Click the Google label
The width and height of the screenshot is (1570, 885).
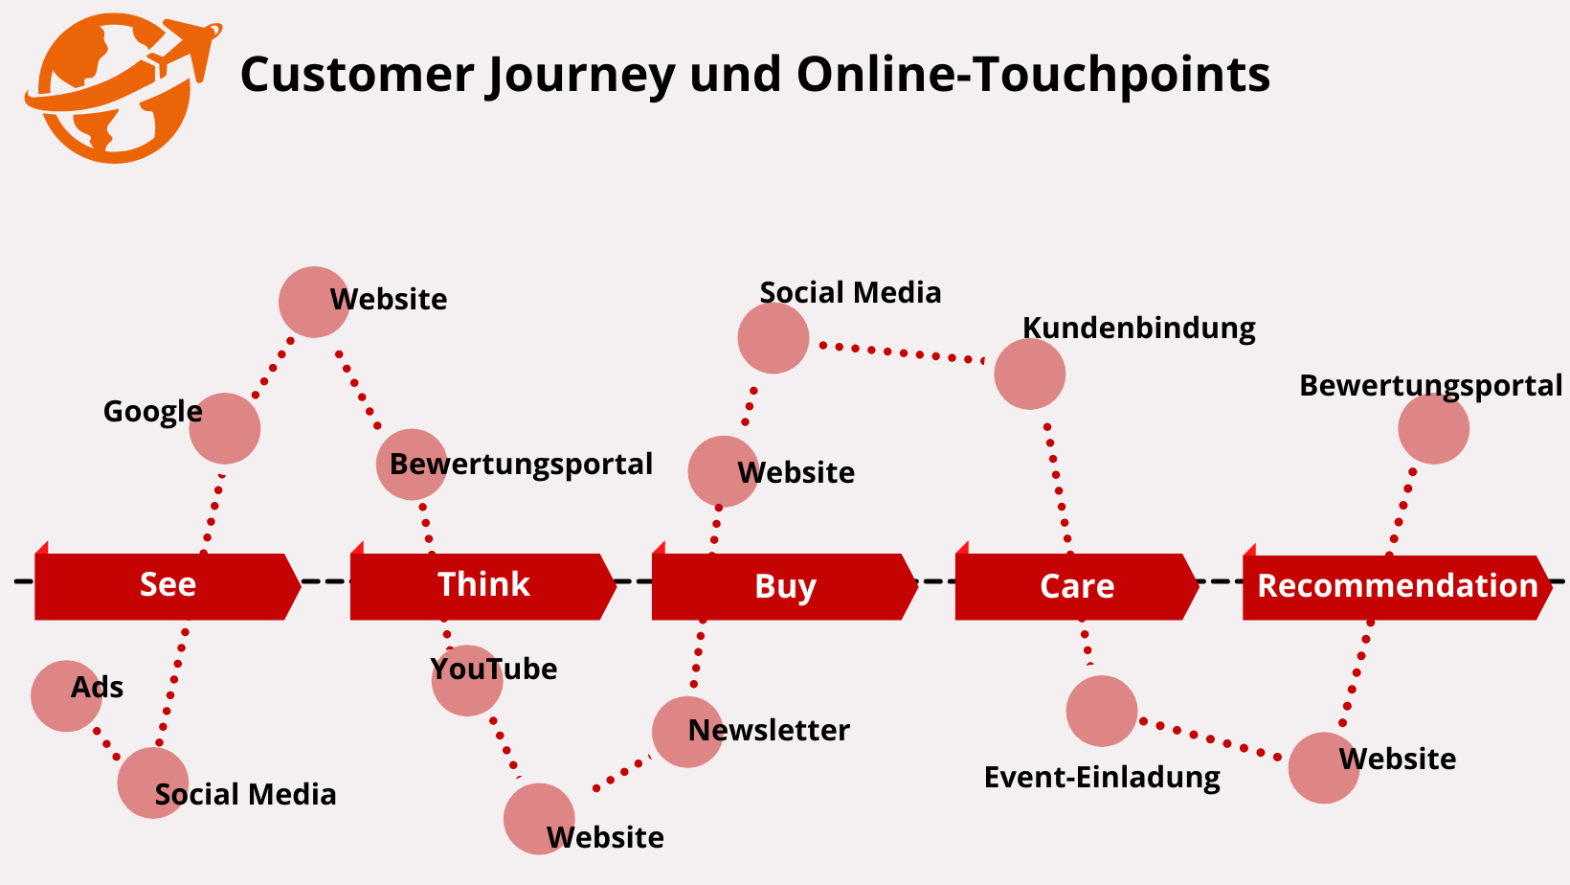tap(152, 412)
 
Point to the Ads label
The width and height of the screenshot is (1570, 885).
tap(97, 688)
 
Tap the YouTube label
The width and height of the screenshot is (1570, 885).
tap(493, 669)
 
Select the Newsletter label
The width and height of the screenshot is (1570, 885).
tap(769, 731)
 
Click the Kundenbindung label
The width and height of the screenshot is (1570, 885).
tap(1138, 328)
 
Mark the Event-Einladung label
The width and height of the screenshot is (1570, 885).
tap(1102, 777)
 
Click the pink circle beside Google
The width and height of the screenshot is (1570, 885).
tap(225, 428)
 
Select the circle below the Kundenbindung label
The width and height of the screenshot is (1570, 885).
tap(1029, 374)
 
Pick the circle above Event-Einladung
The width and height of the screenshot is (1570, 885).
tap(1102, 711)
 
